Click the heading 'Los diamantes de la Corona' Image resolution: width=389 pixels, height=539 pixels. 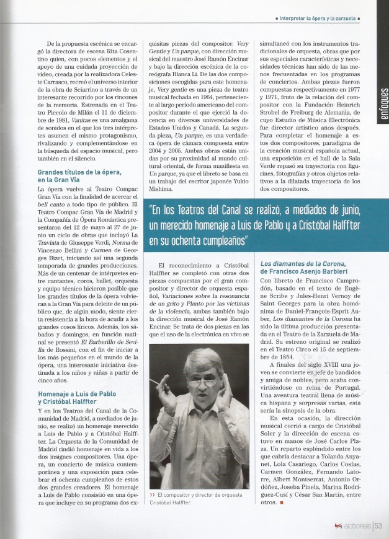(x=301, y=267)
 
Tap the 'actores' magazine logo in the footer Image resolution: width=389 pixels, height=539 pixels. (x=353, y=527)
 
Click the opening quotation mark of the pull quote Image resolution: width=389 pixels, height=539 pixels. (x=153, y=209)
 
